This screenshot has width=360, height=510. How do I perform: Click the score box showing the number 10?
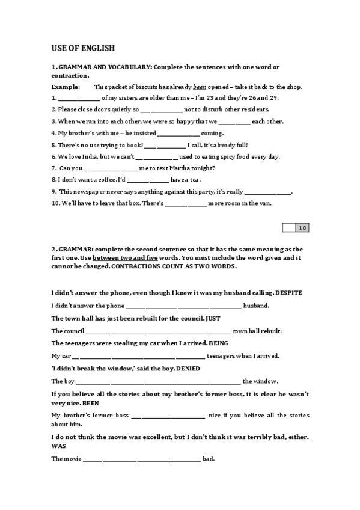pyautogui.click(x=302, y=227)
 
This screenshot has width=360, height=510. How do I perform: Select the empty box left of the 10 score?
pyautogui.click(x=288, y=227)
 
